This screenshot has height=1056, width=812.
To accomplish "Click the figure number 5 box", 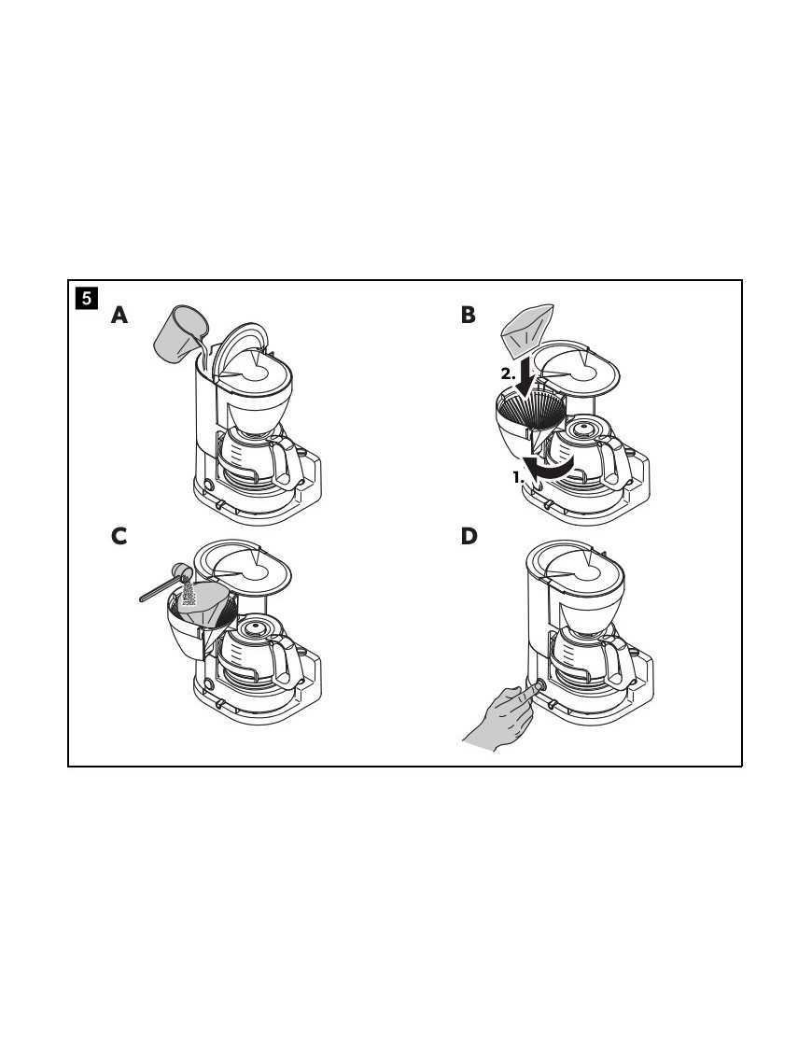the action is pos(87,298).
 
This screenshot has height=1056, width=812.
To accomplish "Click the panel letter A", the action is pos(119,316).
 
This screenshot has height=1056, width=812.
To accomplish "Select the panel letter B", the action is pos(468,315).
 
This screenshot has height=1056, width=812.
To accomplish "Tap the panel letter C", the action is pos(119,536).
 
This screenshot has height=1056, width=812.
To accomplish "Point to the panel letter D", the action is pos(469,536).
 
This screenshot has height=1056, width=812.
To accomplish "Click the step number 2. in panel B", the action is pos(508,374).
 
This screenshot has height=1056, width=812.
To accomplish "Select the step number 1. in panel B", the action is pos(518,477).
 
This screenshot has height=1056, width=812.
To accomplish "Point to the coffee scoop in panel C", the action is pos(165,584).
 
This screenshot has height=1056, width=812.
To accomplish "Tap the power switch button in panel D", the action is pos(538,687).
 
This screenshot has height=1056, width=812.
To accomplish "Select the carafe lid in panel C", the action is pos(255,628).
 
